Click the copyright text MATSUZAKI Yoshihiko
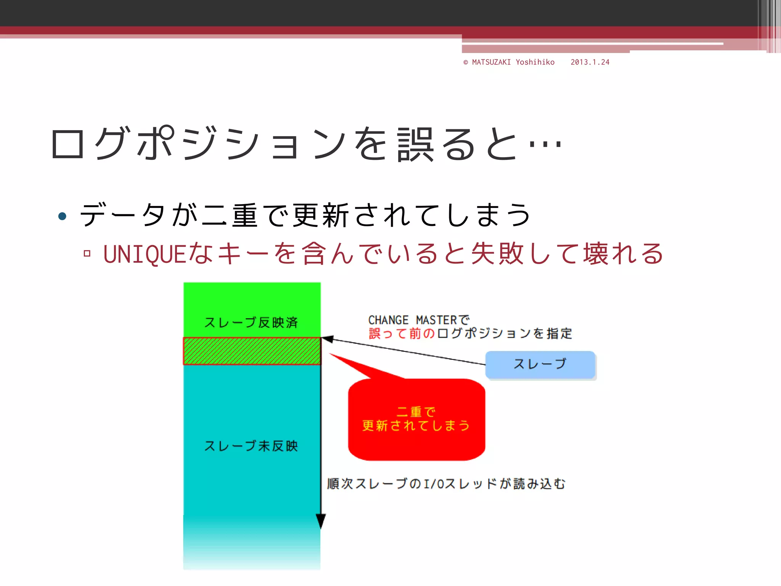click(513, 62)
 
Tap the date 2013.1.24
click(590, 62)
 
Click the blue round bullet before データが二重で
click(62, 216)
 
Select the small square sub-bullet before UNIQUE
click(87, 253)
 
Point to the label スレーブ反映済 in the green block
click(251, 322)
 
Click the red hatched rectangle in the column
click(252, 351)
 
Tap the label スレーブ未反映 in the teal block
click(251, 446)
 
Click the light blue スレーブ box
click(540, 364)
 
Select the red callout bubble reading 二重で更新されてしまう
click(416, 420)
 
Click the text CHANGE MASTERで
click(418, 320)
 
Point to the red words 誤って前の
click(402, 333)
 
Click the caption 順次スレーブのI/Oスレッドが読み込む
click(446, 484)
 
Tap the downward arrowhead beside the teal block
click(321, 521)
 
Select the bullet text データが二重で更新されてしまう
click(305, 215)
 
